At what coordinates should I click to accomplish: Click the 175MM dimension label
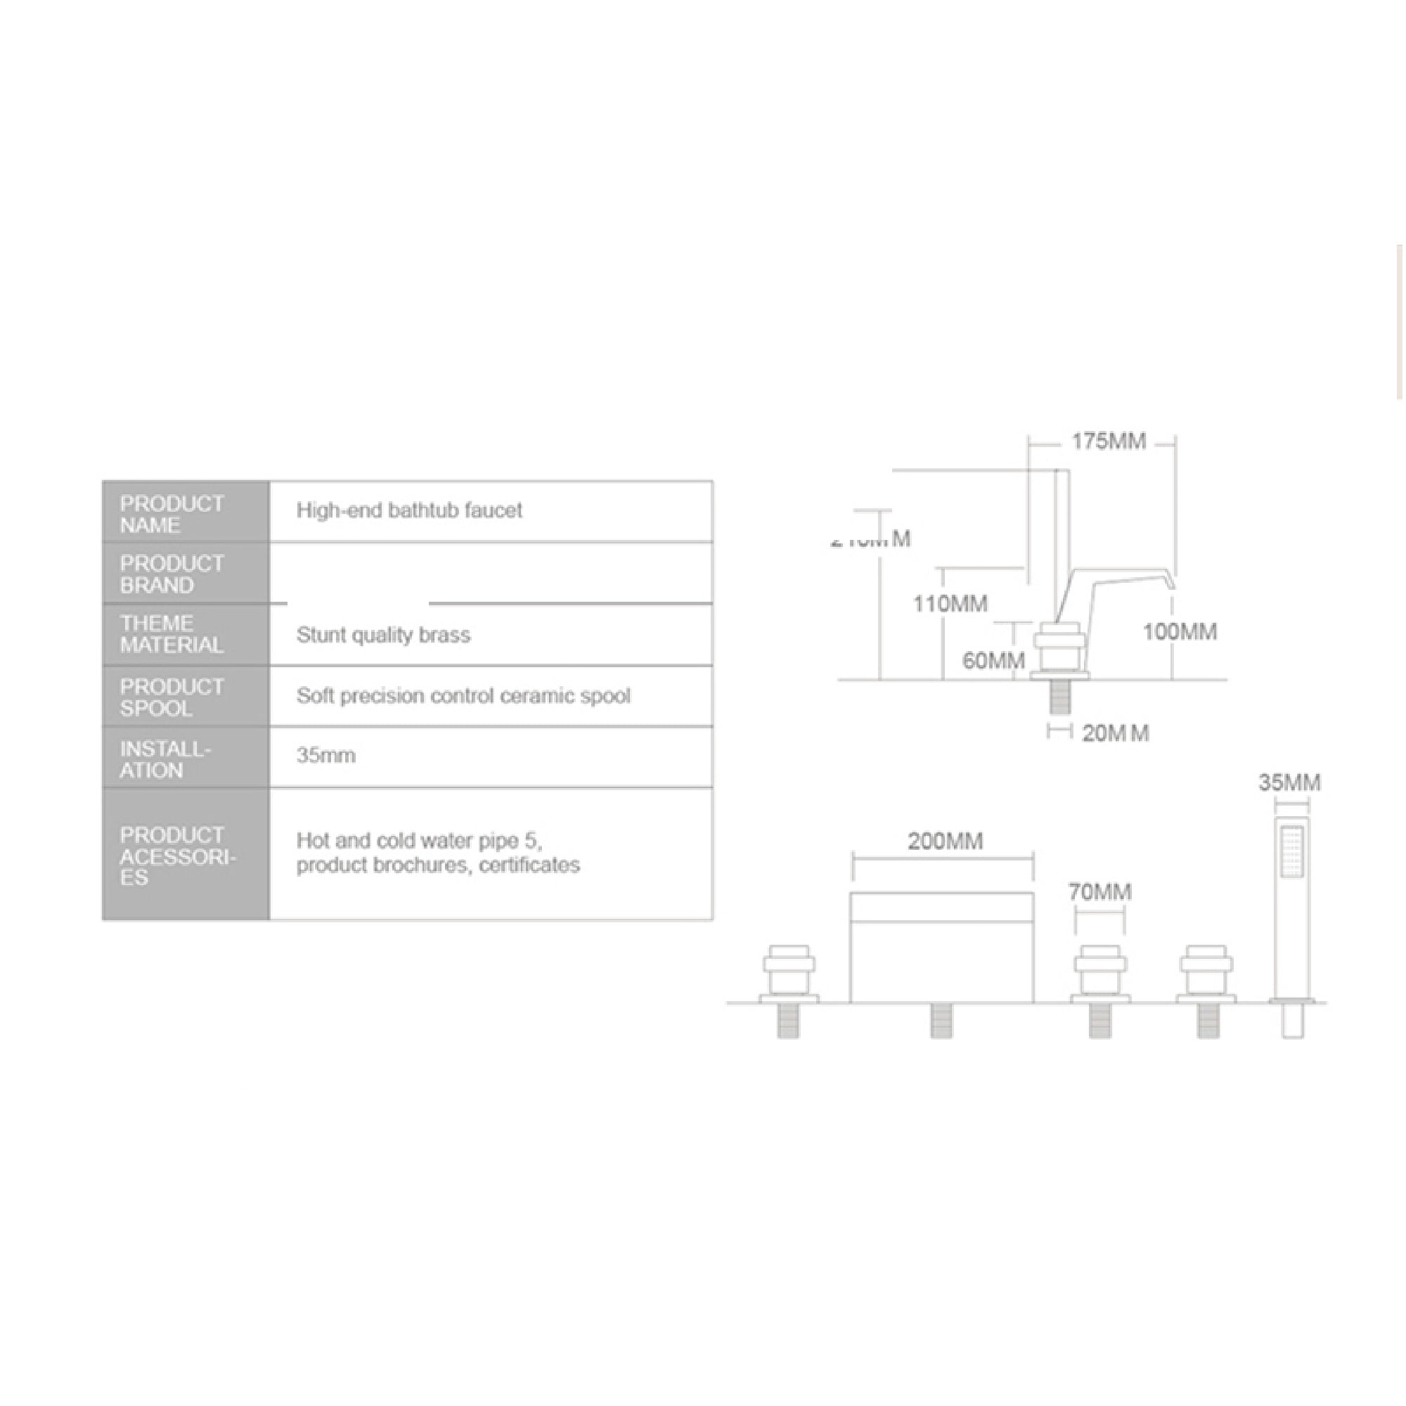tap(1108, 441)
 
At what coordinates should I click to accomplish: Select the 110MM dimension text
tap(950, 604)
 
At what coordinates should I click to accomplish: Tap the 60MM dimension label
tap(993, 661)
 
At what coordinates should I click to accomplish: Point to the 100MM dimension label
tap(1179, 632)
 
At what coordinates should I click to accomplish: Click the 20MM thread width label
tap(1115, 733)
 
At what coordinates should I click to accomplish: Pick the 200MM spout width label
tap(945, 842)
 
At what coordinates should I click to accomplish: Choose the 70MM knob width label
tap(1099, 892)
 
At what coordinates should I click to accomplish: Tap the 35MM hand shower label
tap(1289, 783)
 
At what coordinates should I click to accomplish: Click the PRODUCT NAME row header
tap(172, 515)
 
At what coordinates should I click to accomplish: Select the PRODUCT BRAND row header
tap(172, 574)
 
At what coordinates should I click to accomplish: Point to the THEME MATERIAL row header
tap(172, 635)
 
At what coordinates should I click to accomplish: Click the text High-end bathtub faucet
tap(409, 511)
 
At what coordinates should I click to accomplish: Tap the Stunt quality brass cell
tap(384, 636)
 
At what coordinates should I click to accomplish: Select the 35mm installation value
tap(326, 756)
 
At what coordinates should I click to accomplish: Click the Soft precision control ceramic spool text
tap(463, 697)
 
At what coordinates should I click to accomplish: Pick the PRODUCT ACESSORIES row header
tap(178, 856)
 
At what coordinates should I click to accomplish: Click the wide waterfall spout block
tap(942, 947)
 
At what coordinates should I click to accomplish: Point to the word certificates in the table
tap(529, 865)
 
